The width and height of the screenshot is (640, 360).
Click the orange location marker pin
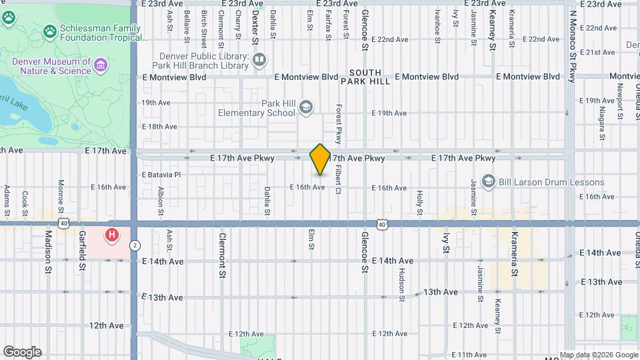(x=321, y=159)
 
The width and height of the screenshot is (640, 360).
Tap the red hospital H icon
(x=112, y=235)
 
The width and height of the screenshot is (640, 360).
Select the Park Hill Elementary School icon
(x=306, y=107)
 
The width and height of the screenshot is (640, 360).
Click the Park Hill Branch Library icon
(x=259, y=61)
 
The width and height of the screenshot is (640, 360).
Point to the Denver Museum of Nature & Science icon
(x=101, y=65)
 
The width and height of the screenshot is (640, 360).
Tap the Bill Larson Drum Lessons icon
(x=489, y=182)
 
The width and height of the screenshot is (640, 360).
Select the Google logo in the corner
(x=22, y=351)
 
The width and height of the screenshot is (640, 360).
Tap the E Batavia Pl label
(x=161, y=175)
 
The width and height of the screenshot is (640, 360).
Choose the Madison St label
(x=48, y=247)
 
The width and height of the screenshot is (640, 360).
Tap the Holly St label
(x=420, y=203)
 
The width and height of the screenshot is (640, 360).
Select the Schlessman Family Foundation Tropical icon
(x=49, y=31)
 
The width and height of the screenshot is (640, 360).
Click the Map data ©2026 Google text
(x=599, y=355)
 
